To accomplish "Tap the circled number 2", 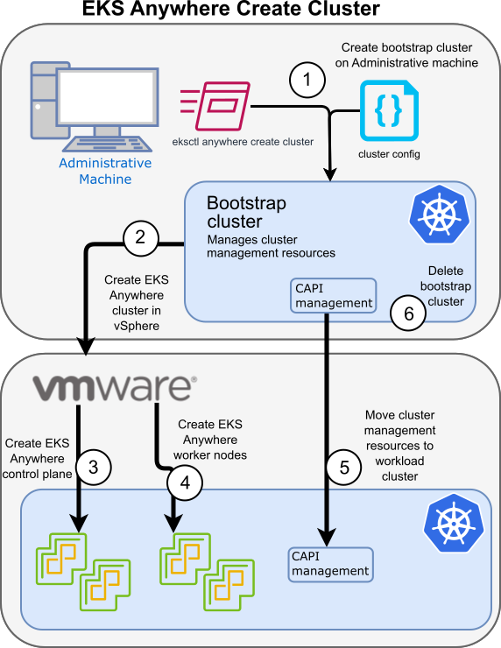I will (140, 236).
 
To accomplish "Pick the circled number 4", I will (184, 481).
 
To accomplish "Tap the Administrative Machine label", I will (105, 172).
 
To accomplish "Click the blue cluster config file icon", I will (388, 110).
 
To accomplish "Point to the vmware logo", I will (113, 386).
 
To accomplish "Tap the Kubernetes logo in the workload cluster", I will (452, 524).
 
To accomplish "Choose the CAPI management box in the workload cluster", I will (331, 563).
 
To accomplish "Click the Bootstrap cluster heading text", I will (246, 211).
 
